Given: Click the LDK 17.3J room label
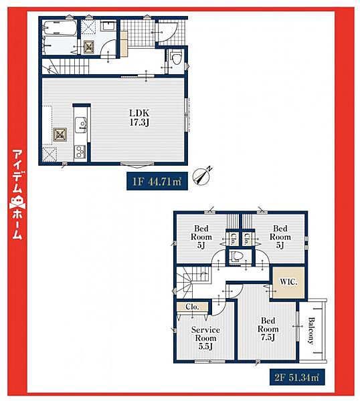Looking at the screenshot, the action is (x=139, y=118).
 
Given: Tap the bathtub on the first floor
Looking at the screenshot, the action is (x=60, y=28).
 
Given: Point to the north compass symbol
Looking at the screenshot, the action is (x=203, y=176).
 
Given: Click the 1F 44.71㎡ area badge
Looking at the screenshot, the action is (x=157, y=181).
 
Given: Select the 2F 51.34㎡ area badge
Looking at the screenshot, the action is (x=297, y=377).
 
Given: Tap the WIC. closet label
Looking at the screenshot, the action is (x=288, y=282).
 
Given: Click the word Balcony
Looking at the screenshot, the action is (x=311, y=331).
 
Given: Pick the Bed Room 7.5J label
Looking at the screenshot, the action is (x=268, y=329).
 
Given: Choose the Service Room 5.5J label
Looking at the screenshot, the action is (x=205, y=338).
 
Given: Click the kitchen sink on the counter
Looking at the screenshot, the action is (x=81, y=125).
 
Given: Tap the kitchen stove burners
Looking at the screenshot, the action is (x=80, y=152).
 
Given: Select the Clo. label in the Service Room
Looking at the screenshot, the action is (x=192, y=307).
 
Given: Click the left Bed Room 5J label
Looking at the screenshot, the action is (x=201, y=237).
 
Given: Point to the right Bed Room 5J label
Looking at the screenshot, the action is (x=280, y=237).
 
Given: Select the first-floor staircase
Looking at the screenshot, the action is (x=66, y=66).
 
